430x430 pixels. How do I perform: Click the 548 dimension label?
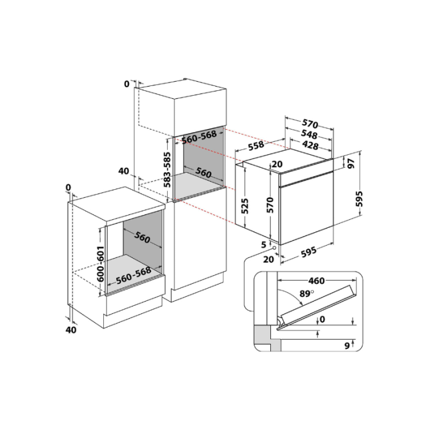pyautogui.click(x=310, y=134)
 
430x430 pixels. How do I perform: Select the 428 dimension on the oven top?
pyautogui.click(x=310, y=145)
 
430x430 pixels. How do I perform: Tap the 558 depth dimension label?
pyautogui.click(x=256, y=146)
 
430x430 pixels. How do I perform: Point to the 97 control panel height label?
pyautogui.click(x=351, y=163)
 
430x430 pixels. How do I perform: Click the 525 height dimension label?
pyautogui.click(x=244, y=206)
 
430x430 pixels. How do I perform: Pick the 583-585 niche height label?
pyautogui.click(x=167, y=170)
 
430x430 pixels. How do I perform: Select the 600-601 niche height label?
pyautogui.click(x=101, y=264)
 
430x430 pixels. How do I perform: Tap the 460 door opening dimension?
pyautogui.click(x=316, y=281)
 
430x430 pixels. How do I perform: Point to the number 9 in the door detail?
pyautogui.click(x=347, y=346)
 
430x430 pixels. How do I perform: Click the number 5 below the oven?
pyautogui.click(x=264, y=244)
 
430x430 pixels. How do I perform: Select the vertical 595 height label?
pyautogui.click(x=359, y=199)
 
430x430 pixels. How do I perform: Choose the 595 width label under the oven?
pyautogui.click(x=309, y=252)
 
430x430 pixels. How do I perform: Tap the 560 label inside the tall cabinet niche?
pyautogui.click(x=203, y=173)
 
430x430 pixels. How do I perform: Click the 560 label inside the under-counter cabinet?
pyautogui.click(x=142, y=237)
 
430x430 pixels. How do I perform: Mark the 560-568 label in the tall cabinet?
pyautogui.click(x=200, y=137)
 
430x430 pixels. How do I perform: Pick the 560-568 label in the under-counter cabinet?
pyautogui.click(x=133, y=276)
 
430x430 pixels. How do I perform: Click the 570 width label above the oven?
pyautogui.click(x=310, y=124)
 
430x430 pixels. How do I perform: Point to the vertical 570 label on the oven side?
pyautogui.click(x=270, y=205)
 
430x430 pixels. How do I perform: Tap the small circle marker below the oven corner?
pyautogui.click(x=274, y=248)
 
